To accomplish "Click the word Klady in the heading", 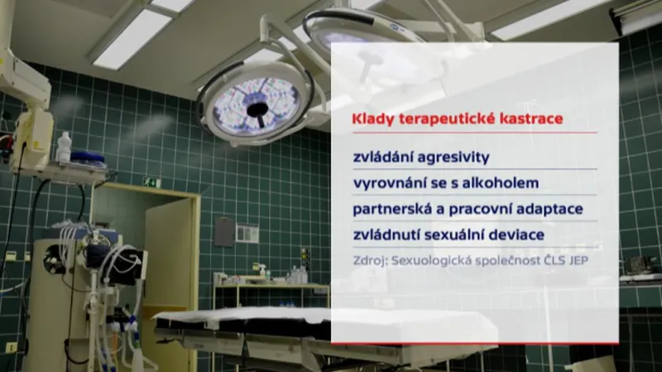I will [371, 119].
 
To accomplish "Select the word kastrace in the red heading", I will [530, 119].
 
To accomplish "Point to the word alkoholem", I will [505, 182].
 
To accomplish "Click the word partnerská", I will [389, 209].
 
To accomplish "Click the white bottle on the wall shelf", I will [64, 147].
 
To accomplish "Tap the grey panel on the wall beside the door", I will [224, 232].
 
